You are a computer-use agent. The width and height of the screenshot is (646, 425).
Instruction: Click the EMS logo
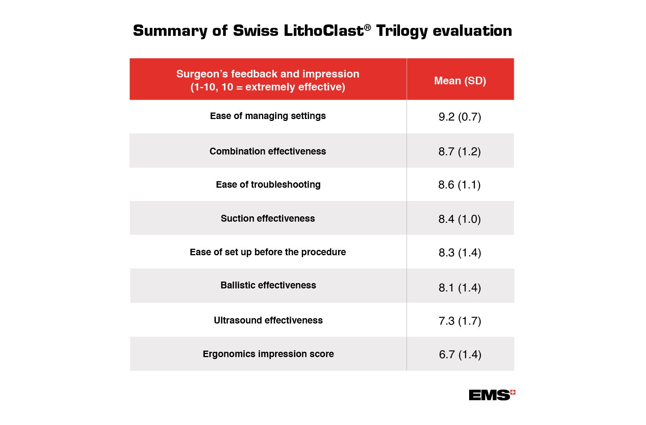[x=491, y=395]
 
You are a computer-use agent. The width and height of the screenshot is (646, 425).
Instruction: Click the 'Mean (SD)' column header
[x=460, y=81]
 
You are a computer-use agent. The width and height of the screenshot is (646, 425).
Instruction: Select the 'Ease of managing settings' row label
[x=268, y=116]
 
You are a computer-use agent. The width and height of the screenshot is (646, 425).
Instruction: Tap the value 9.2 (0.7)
[x=460, y=117]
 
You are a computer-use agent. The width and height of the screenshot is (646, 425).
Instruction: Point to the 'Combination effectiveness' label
[x=268, y=151]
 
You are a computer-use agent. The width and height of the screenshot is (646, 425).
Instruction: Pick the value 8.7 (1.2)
[x=460, y=152]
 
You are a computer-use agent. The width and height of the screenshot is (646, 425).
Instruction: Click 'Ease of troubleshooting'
[x=268, y=185]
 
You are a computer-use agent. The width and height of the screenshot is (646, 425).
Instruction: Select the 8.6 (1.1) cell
[x=460, y=185]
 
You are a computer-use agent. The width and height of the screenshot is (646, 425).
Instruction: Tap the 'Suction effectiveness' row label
[x=268, y=219]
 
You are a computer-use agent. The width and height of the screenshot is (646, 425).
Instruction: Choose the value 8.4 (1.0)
[x=460, y=219]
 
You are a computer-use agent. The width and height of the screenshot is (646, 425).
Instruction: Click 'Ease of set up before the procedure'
[x=268, y=252]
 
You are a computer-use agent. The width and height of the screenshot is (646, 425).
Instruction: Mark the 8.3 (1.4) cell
[x=460, y=253]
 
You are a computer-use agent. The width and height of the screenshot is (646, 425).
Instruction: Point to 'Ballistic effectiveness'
[x=268, y=285]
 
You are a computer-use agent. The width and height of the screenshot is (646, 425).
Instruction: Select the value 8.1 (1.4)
[x=460, y=288]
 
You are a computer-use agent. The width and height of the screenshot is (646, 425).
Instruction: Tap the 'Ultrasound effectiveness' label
[x=268, y=320]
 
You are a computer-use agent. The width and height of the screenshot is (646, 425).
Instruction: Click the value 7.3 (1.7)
[x=460, y=321]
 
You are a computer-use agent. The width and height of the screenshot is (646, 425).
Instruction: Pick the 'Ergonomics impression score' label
[x=268, y=354]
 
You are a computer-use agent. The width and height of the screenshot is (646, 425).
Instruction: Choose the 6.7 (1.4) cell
[x=460, y=355]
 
